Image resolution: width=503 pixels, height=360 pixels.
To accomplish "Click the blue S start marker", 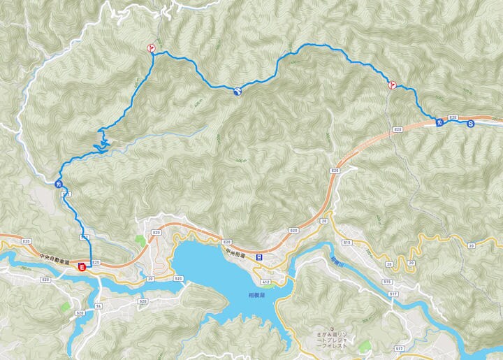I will coord(470,124).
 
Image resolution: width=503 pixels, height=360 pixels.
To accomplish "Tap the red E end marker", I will coord(82,266).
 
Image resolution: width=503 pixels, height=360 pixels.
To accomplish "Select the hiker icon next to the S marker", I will coord(439,123).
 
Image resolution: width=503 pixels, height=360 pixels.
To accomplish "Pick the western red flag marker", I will coord(150,48).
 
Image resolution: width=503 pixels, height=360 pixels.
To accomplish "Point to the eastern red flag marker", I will coord(393,85).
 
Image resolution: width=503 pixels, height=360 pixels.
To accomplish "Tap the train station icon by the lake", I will coord(259,257).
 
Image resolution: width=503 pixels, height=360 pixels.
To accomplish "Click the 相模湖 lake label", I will coord(242,296).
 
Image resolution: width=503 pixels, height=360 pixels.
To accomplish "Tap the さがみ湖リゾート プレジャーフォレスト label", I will coord(333,340).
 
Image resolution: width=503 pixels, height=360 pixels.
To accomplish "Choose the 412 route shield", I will coord(265,282).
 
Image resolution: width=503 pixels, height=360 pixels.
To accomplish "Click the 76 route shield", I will coord(99,306).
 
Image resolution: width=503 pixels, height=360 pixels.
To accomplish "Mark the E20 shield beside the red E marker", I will coord(96,262).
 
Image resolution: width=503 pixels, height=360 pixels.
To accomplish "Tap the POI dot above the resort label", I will coord(333,329).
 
